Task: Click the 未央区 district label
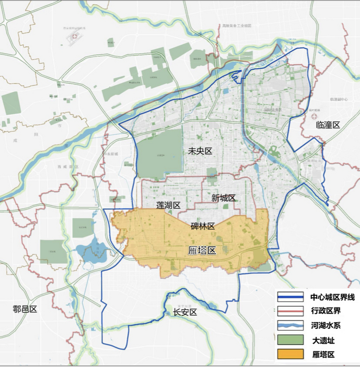click(x=200, y=151)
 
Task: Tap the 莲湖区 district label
click(x=168, y=205)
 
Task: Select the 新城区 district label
click(x=223, y=198)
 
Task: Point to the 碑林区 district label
click(x=203, y=226)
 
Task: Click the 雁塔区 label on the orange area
click(x=202, y=251)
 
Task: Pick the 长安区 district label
click(x=185, y=312)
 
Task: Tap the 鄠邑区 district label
click(x=25, y=309)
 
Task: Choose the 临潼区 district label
click(x=328, y=125)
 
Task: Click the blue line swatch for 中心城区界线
click(x=290, y=297)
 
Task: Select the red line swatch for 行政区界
click(x=290, y=311)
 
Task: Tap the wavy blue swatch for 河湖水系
click(x=290, y=325)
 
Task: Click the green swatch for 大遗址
click(x=290, y=340)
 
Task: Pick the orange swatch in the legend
click(x=290, y=354)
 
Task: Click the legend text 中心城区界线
click(x=332, y=297)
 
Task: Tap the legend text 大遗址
click(x=323, y=340)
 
